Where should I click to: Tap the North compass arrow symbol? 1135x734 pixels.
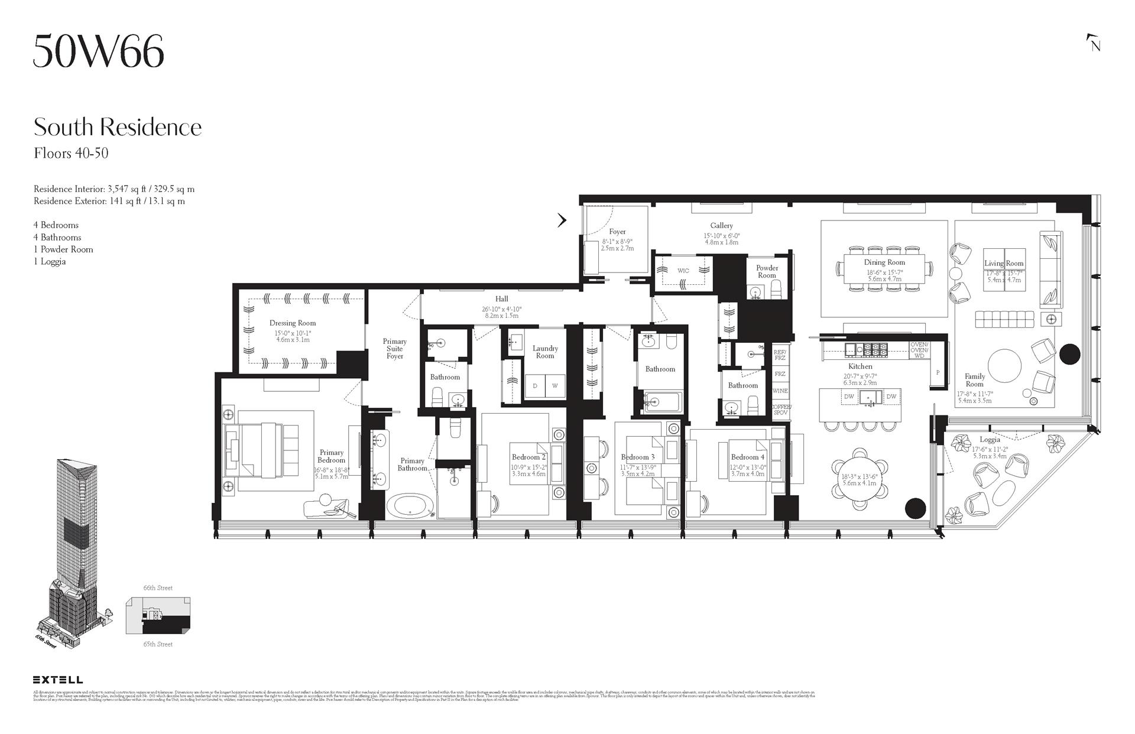click(1094, 44)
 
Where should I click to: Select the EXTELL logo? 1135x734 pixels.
click(58, 680)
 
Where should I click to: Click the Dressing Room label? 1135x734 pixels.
click(293, 323)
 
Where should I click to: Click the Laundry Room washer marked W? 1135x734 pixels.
click(554, 386)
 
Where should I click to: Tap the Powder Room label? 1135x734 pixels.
click(767, 271)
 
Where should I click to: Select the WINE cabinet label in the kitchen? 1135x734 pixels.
click(780, 391)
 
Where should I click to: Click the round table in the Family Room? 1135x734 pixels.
click(1004, 366)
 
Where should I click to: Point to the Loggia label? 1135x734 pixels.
click(990, 439)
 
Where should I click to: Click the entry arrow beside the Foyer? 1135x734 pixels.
click(562, 220)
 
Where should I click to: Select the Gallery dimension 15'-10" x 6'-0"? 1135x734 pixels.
click(721, 235)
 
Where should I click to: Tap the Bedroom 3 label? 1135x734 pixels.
click(637, 457)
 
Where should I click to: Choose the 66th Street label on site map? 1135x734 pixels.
click(158, 588)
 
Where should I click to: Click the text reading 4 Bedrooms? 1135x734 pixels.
click(56, 225)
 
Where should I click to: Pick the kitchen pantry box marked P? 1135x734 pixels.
click(938, 373)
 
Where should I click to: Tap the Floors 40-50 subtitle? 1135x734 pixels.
click(71, 154)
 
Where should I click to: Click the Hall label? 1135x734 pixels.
click(501, 299)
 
